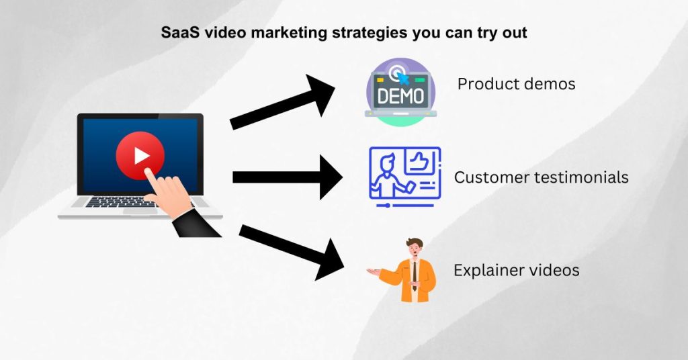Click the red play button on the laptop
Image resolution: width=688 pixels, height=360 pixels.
(x=140, y=156)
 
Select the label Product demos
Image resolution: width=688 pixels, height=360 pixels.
(x=516, y=84)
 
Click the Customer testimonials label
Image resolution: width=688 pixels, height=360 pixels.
(x=541, y=177)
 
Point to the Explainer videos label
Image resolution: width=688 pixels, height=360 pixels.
(x=516, y=270)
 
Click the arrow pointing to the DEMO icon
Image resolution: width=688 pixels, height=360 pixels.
(x=286, y=105)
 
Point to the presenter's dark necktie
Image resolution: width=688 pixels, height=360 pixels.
(x=415, y=273)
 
